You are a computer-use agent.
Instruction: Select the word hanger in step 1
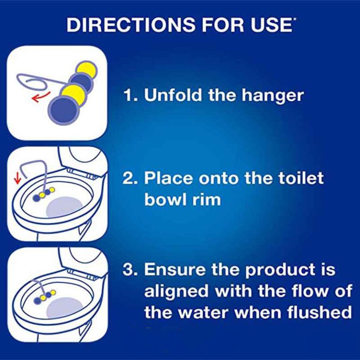[273, 97]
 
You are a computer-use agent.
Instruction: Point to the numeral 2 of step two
[127, 178]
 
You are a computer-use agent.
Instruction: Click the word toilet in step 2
[301, 178]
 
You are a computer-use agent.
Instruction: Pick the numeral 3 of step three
[127, 269]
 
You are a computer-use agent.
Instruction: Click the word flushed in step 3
[319, 312]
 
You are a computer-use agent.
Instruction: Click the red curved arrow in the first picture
[41, 97]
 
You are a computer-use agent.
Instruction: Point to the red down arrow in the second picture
[17, 179]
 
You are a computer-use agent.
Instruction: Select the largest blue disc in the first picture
[64, 110]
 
